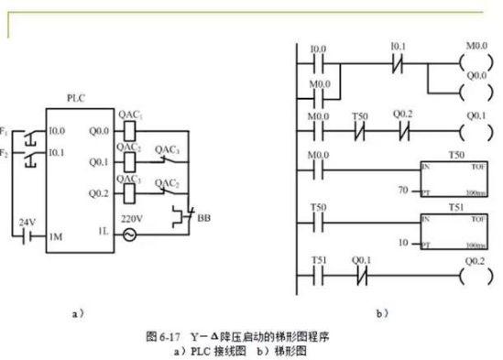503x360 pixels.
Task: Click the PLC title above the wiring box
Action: point(76,96)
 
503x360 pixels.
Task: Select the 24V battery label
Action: point(28,223)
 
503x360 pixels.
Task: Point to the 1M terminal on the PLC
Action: point(56,236)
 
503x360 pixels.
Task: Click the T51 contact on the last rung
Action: point(318,272)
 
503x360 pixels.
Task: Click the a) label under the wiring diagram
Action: point(78,312)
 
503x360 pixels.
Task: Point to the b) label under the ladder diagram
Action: point(382,312)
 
